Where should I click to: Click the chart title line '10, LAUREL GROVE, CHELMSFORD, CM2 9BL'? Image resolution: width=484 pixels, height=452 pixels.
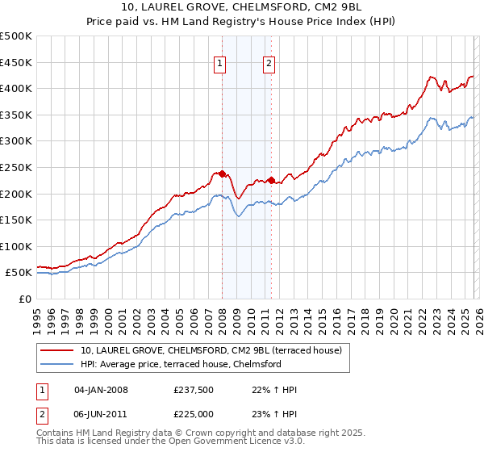[x=242, y=7]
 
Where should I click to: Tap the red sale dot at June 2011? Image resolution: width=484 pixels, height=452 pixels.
[x=271, y=180]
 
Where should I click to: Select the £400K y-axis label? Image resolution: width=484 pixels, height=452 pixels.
[x=16, y=88]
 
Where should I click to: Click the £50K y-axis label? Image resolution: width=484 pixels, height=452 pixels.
[x=19, y=273]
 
